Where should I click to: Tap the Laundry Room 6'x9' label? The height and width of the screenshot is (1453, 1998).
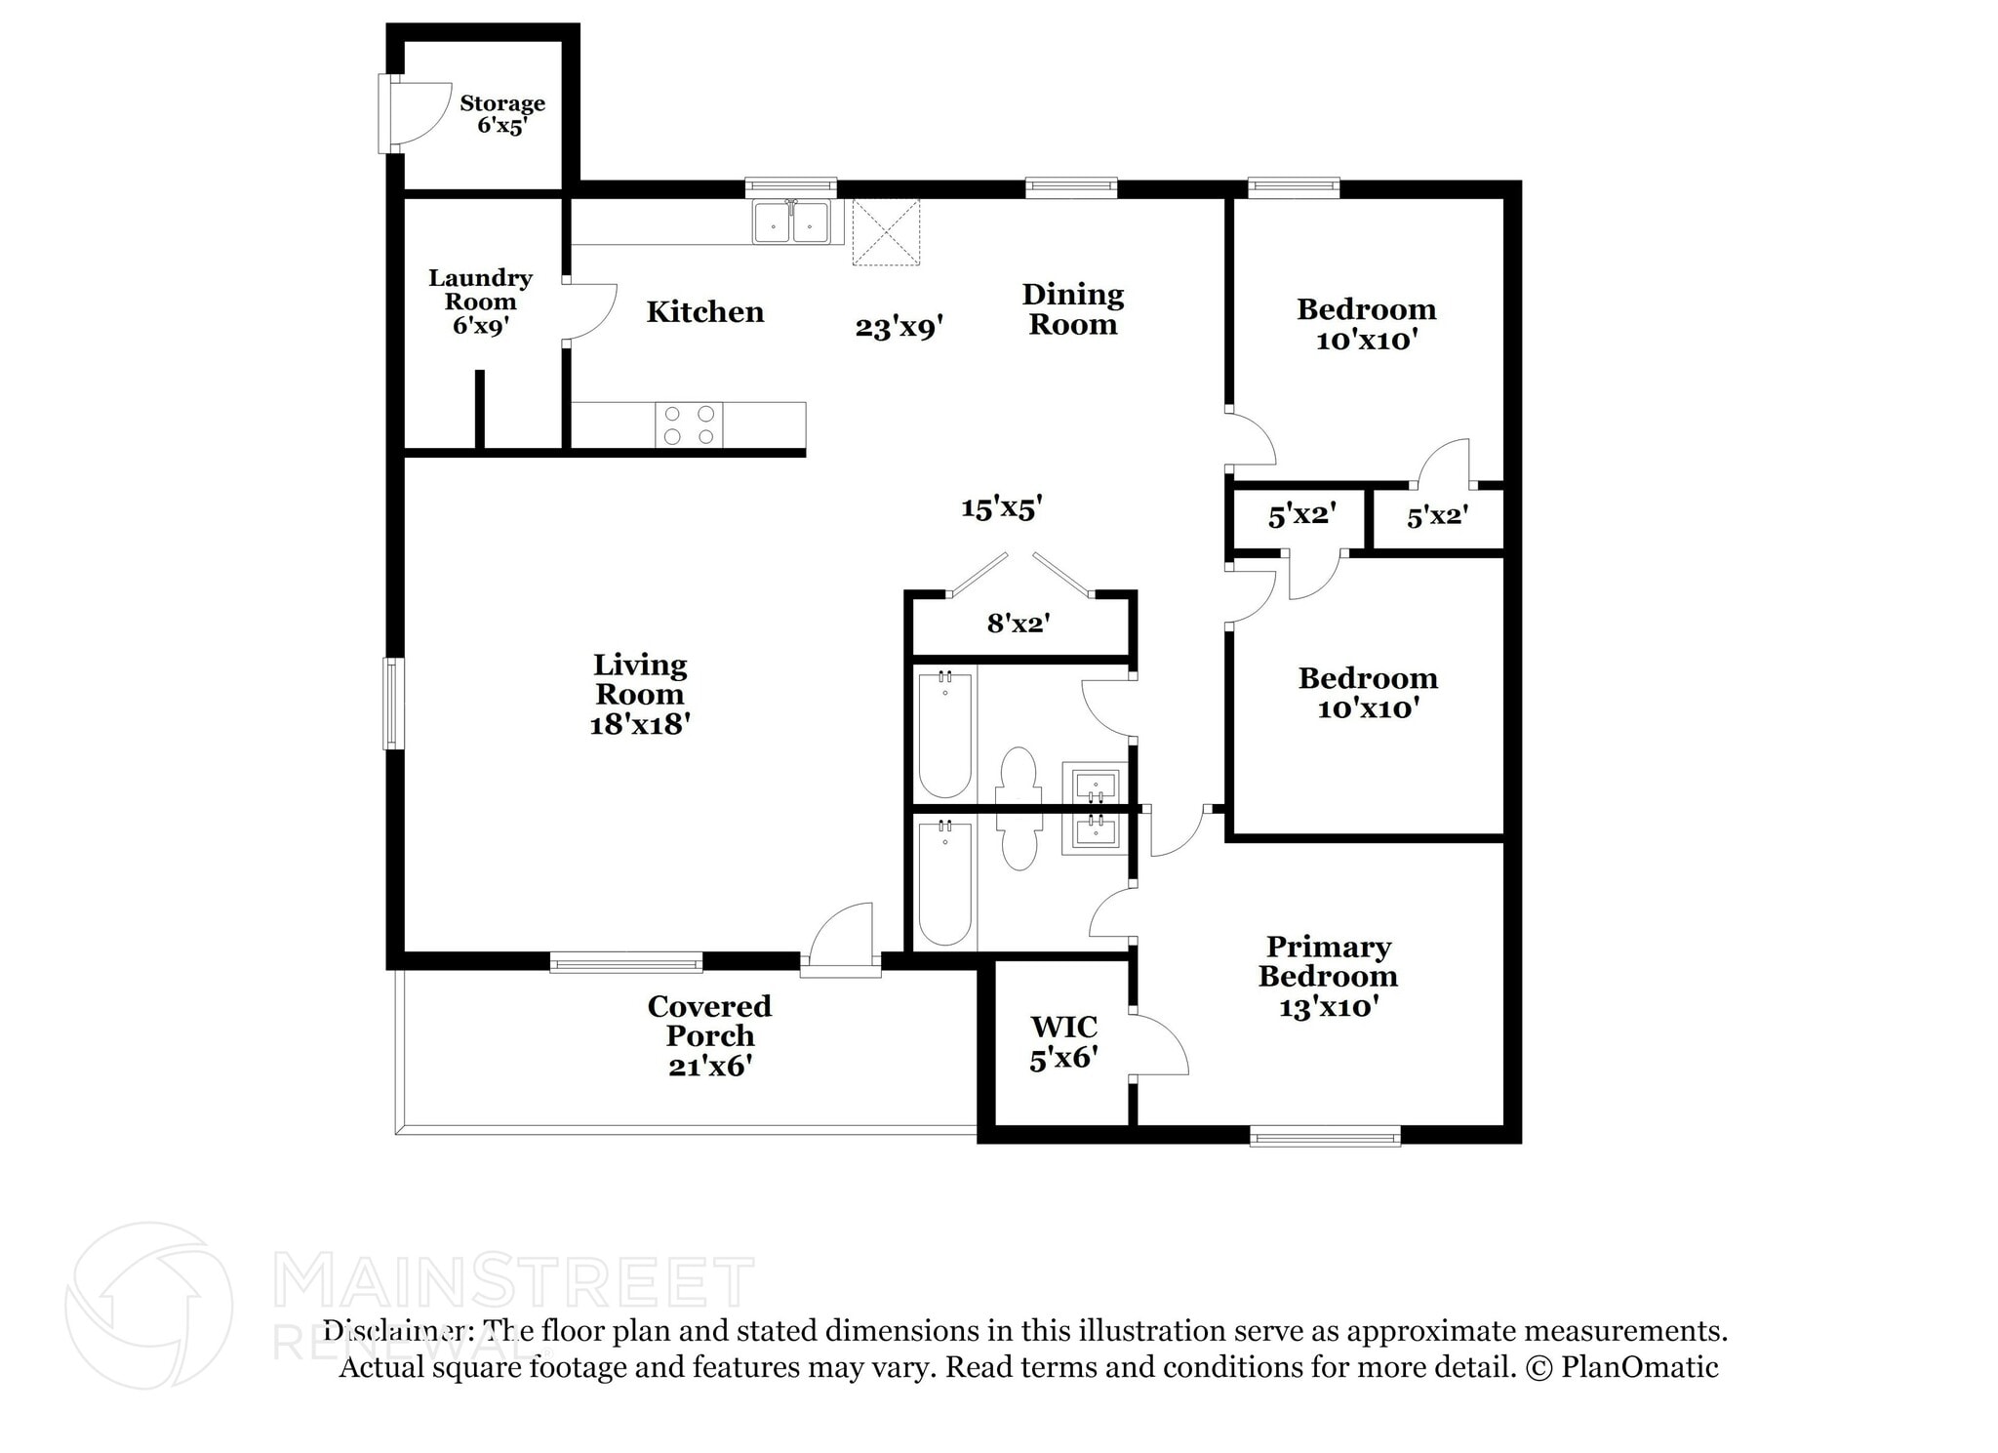coord(480,302)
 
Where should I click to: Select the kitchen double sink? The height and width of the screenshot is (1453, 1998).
coord(791,222)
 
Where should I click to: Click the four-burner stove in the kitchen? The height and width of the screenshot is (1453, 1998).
coord(689,425)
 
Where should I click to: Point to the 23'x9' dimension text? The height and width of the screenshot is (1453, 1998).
coord(899,327)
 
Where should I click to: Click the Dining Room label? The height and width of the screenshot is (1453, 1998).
coord(1072,309)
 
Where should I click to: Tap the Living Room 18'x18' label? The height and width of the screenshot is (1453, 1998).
coord(640,694)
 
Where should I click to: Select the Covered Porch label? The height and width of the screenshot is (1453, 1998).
coord(709,1034)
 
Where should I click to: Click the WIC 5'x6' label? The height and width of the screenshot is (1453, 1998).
coord(1063,1041)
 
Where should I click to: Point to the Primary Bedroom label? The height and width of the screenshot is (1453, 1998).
coord(1328,976)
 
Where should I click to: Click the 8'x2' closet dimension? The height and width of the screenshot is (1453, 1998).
coord(1018,623)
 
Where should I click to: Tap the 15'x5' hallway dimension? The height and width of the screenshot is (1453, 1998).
coord(1002,507)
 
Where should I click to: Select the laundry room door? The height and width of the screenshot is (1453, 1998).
coord(588,311)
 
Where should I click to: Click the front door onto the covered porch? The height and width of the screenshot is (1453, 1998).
coord(841,939)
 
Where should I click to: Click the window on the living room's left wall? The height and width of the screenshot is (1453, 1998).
coord(392,704)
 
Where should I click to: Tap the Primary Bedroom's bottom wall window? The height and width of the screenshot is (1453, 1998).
coord(1325,1135)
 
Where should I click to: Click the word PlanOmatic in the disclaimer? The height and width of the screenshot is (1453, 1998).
coord(1639,1367)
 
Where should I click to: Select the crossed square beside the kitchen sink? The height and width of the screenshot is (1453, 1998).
coord(886,232)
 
